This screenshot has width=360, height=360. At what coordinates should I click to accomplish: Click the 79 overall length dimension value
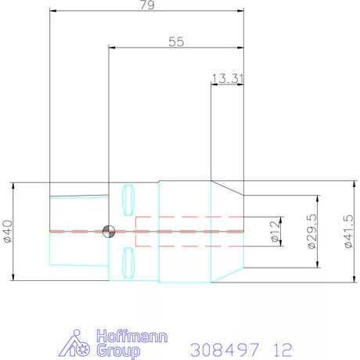click(147, 5)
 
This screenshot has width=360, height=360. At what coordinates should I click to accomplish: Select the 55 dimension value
click(176, 41)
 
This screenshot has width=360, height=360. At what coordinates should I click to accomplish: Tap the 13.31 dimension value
click(228, 78)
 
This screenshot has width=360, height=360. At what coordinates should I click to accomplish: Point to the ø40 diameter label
click(8, 232)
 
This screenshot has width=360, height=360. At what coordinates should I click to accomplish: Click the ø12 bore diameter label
click(275, 232)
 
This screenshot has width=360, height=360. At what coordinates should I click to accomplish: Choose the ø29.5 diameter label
click(312, 232)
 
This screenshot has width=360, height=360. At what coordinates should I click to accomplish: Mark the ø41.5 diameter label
click(348, 231)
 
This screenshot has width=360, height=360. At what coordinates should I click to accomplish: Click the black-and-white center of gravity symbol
click(109, 232)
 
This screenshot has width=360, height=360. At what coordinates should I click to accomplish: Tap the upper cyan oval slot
click(128, 200)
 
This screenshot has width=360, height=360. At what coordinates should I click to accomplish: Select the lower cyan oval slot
click(128, 263)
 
